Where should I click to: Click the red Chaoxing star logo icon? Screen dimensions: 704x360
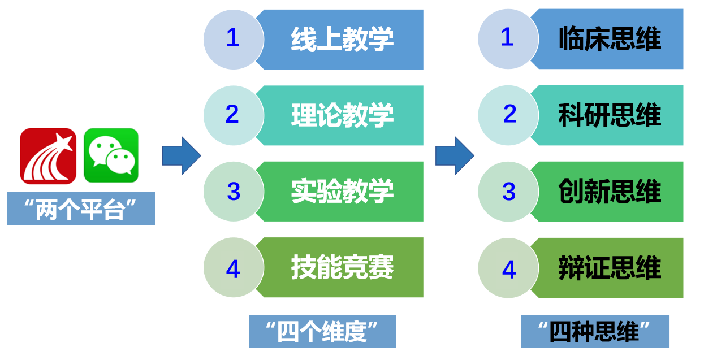pos(48,156)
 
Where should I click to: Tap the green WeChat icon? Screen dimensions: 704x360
pos(111,155)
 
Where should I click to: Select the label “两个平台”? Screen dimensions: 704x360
pos(81,209)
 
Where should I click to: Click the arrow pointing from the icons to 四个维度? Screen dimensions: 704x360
pos(182,155)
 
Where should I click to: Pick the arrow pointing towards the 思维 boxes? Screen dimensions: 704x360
pos(455,155)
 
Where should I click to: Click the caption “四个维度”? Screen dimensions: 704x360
pos(322,331)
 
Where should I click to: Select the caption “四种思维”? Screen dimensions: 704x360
pos(595,331)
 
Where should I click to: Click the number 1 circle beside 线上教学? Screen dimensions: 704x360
pos(234,40)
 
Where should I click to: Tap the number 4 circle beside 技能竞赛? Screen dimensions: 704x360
pos(234,267)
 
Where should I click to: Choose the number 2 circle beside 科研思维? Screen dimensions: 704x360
pos(508,115)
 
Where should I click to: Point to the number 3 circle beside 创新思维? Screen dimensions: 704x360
pos(508,192)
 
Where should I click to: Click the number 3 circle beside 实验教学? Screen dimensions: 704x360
pos(234,192)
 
